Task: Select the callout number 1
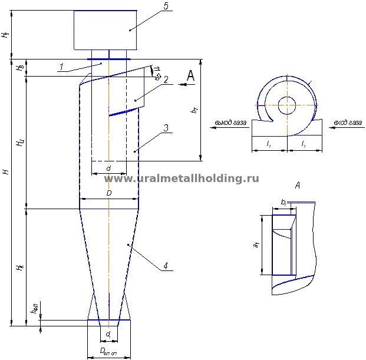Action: [61, 67]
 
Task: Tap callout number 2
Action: [167, 80]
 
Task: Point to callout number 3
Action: [167, 128]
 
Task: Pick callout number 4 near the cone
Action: [166, 266]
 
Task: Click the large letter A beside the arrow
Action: [190, 75]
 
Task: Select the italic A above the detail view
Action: [297, 186]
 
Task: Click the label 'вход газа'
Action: [347, 123]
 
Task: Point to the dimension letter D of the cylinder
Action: [108, 193]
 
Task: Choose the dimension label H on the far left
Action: [5, 171]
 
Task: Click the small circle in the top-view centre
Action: [288, 105]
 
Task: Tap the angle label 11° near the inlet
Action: [157, 72]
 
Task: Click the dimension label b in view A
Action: [283, 202]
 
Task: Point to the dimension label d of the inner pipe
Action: [108, 169]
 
